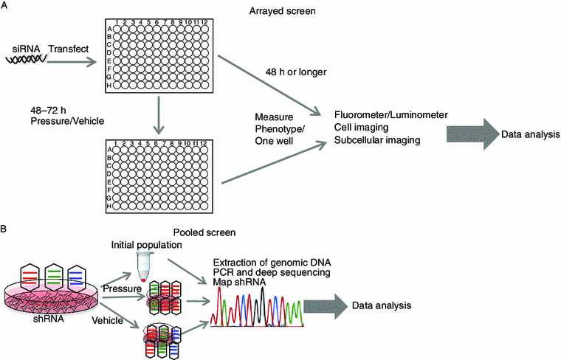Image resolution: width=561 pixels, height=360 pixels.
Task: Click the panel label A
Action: pos(5,7)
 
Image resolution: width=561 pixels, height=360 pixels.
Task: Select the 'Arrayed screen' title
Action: pos(277,11)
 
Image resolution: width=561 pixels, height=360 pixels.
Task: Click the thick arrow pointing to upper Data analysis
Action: pos(469,134)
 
